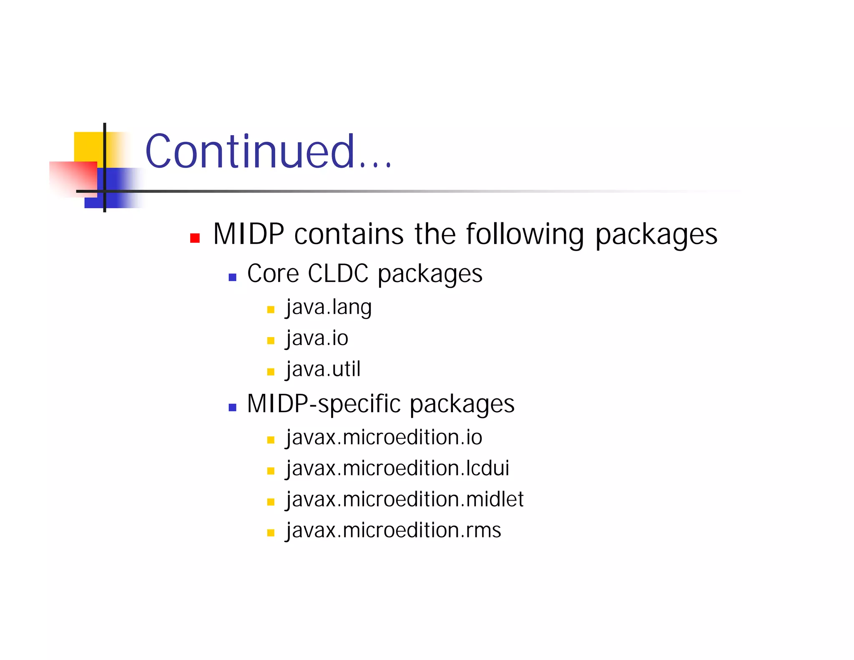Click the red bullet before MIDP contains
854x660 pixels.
click(195, 238)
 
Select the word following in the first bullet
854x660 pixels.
click(525, 234)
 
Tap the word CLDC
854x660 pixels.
click(338, 274)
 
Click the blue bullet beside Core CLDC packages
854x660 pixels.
click(233, 277)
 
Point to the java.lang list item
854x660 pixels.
click(329, 307)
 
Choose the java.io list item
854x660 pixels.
click(317, 338)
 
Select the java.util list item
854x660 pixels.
click(323, 369)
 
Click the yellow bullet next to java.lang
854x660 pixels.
click(271, 310)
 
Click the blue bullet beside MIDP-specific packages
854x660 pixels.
click(233, 407)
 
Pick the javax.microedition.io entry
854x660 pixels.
click(384, 438)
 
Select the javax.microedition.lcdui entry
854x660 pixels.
click(397, 469)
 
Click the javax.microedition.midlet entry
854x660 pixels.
click(404, 499)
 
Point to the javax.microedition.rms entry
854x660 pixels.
click(393, 530)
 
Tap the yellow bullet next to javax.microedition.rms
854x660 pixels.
click(271, 533)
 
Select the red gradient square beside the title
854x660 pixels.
click(73, 177)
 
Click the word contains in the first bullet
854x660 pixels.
click(349, 234)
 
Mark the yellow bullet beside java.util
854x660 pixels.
click(271, 372)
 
